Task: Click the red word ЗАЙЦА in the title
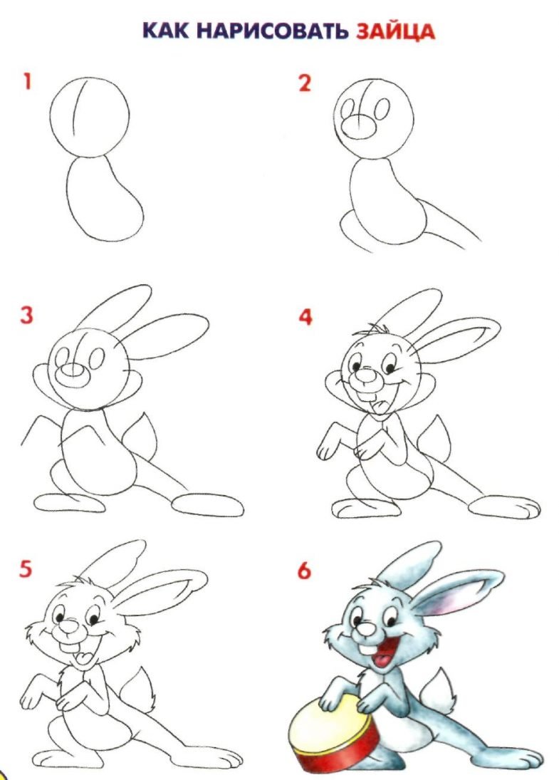[x=395, y=31]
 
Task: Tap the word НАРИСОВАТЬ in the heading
[x=272, y=31]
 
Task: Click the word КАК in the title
[x=166, y=31]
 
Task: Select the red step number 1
[x=27, y=81]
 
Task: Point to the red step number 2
[x=305, y=83]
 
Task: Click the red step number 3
[x=26, y=316]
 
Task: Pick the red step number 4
[x=305, y=316]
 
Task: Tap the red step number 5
[x=26, y=568]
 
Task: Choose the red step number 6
[x=304, y=570]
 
